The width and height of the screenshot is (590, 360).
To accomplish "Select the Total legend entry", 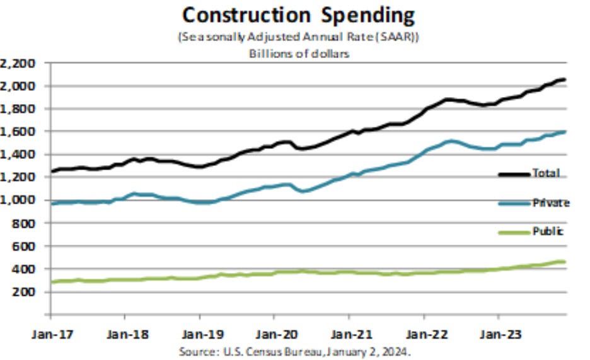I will click(x=544, y=173).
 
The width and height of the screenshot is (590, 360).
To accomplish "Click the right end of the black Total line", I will click(x=564, y=79).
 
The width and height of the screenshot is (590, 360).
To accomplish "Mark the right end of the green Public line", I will click(x=564, y=262).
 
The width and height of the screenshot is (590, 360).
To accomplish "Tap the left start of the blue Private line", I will click(x=52, y=204).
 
